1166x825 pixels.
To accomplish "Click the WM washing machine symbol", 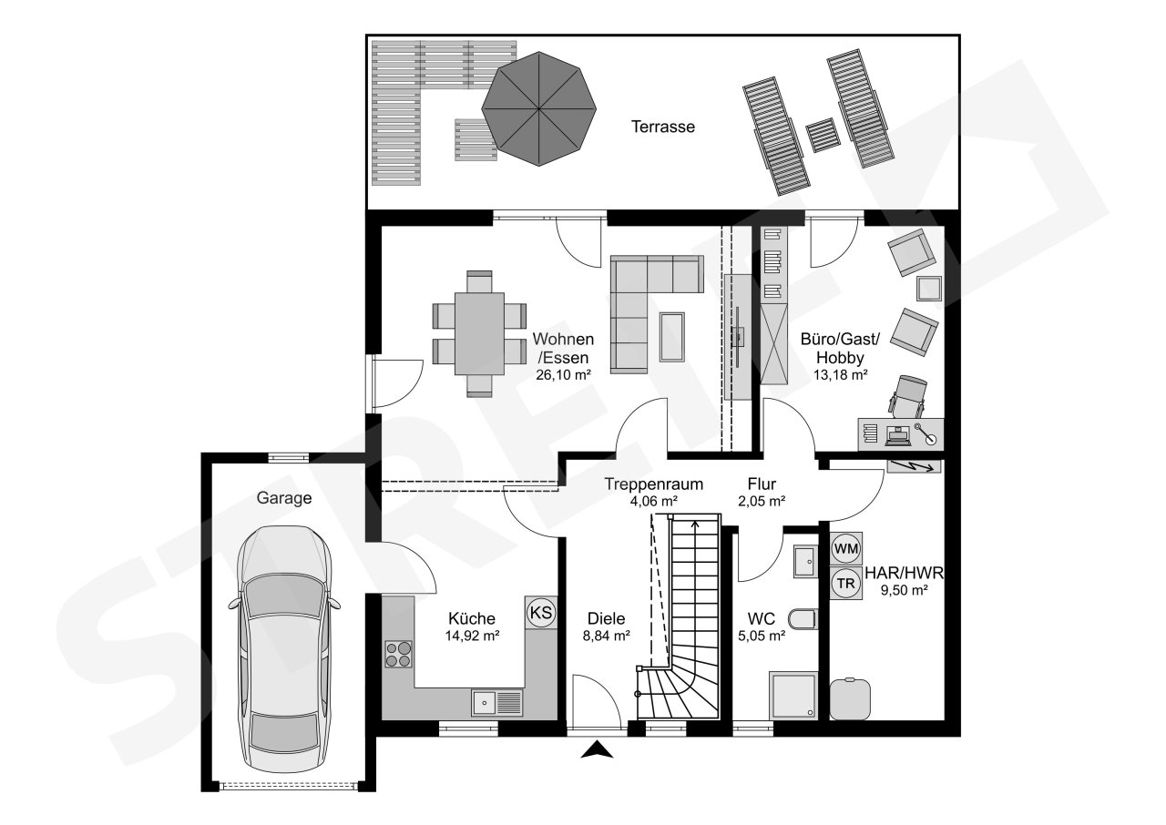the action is [846, 548].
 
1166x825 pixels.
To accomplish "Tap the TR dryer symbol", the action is [846, 583].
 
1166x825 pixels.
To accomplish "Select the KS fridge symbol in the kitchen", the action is [541, 612].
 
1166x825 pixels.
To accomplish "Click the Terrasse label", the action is [662, 127].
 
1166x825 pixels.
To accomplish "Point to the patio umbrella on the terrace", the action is [538, 108].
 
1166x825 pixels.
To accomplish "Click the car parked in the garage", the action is [284, 649].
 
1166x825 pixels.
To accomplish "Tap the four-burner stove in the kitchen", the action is [398, 654].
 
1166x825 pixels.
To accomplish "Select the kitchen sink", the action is [497, 703].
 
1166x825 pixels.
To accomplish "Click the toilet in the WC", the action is [803, 619].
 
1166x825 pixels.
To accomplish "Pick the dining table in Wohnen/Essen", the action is [479, 333].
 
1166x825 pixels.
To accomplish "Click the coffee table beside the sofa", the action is [672, 337].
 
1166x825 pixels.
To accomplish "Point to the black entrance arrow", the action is [597, 749].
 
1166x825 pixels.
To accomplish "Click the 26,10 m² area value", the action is [563, 374].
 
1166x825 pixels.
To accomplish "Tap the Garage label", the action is [284, 498].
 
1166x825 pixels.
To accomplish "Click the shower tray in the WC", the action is [793, 696].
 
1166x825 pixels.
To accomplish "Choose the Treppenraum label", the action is [654, 484].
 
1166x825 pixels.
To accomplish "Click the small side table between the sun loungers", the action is [823, 136].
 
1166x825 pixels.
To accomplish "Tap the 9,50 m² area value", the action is [905, 590].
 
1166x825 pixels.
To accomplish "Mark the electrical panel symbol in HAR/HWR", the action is [914, 466].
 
